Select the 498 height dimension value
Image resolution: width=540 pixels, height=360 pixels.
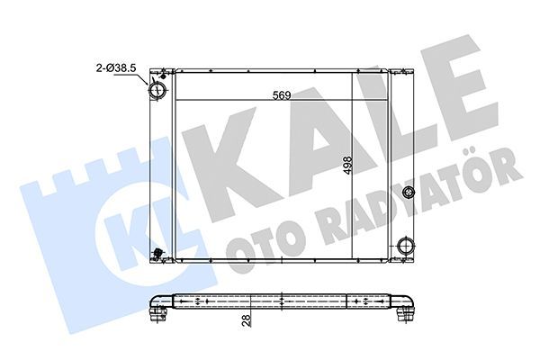click(345, 169)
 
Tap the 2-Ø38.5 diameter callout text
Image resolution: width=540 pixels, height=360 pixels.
click(117, 66)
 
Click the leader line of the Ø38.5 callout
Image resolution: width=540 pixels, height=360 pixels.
click(142, 77)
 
